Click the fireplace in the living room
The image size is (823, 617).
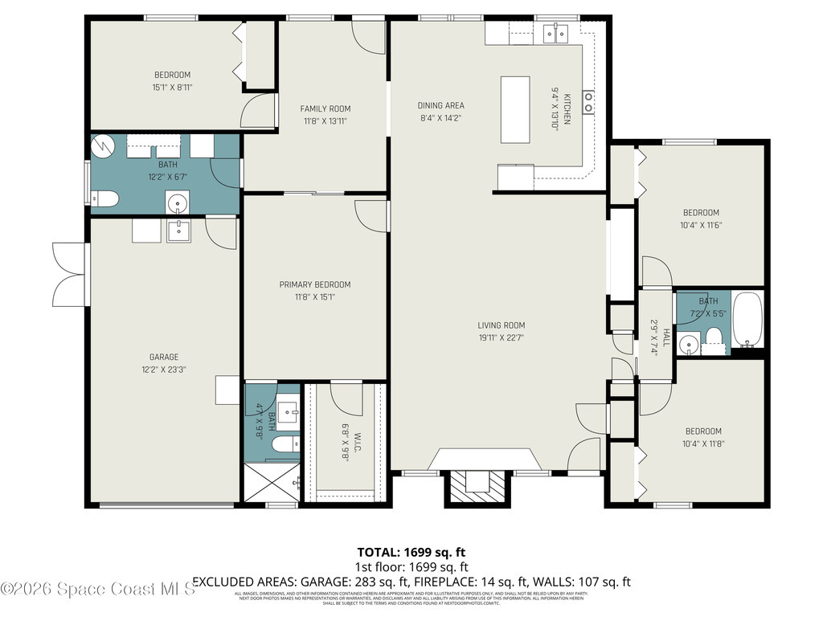[478, 481]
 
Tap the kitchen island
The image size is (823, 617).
[515, 109]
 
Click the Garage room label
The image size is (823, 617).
[163, 358]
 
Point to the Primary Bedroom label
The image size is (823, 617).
[314, 284]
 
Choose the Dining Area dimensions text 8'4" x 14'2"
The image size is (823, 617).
[440, 118]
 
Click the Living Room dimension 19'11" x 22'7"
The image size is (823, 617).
[502, 338]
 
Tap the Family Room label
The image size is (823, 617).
[325, 108]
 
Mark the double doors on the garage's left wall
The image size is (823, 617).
[69, 273]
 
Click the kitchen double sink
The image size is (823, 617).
[555, 32]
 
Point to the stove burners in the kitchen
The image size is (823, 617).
[588, 101]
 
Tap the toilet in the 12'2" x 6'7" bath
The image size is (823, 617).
[104, 198]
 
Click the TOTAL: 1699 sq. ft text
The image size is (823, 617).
[411, 553]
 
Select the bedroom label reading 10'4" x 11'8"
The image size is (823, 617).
[702, 443]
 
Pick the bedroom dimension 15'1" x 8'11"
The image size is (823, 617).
[172, 88]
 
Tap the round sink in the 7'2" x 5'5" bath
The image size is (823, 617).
[688, 345]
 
